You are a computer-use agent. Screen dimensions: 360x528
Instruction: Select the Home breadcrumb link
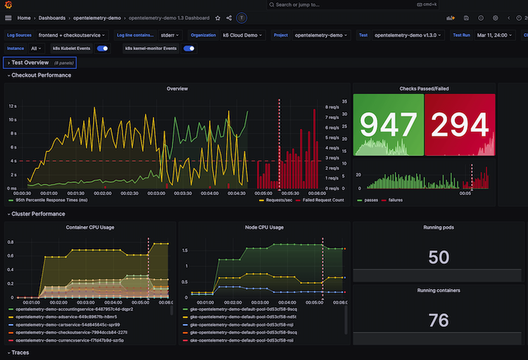click(23, 18)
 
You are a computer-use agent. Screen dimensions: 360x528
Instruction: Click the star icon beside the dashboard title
click(218, 18)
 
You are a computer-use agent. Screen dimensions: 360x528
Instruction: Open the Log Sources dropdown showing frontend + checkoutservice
click(71, 35)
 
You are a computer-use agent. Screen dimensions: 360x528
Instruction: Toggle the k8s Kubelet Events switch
click(103, 49)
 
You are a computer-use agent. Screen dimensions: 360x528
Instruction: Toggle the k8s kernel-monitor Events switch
click(189, 49)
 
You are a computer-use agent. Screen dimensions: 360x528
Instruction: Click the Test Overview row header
click(30, 63)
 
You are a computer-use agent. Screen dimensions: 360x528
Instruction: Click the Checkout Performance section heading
click(41, 75)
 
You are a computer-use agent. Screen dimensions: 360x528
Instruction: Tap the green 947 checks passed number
click(388, 125)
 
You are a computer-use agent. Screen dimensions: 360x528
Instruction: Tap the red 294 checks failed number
click(460, 125)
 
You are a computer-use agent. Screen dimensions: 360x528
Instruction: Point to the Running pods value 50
click(439, 257)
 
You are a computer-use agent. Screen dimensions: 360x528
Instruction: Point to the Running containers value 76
click(439, 321)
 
